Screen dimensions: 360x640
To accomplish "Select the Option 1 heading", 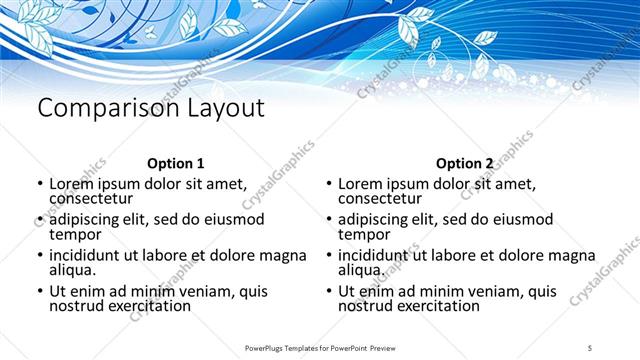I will (x=176, y=163).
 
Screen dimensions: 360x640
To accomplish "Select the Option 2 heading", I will (x=465, y=163).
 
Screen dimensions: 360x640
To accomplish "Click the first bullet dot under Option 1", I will (x=39, y=185).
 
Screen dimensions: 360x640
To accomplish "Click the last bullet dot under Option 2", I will (x=328, y=292).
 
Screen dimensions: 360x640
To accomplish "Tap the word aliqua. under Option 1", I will (x=73, y=270).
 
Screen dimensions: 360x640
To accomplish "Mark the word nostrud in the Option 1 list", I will (x=77, y=305).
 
